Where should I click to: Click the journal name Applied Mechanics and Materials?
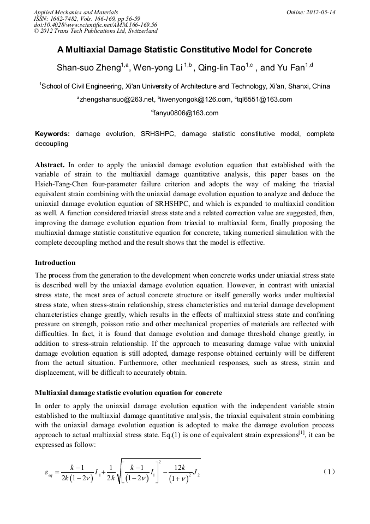[x=76, y=11]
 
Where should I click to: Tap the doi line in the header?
[x=95, y=25]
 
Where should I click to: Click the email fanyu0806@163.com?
[x=186, y=113]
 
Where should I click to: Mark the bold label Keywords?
[x=52, y=134]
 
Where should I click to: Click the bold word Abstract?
[x=50, y=164]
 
